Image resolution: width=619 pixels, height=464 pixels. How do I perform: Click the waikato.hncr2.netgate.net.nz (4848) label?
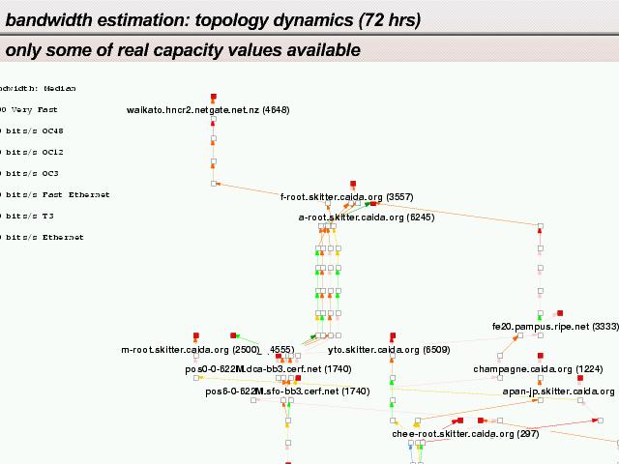(x=208, y=110)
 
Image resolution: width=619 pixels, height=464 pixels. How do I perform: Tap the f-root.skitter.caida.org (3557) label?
(x=347, y=197)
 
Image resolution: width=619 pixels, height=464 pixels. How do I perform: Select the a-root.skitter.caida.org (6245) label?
(x=367, y=218)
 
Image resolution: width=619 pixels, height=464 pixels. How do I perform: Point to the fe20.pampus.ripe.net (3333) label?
(x=555, y=328)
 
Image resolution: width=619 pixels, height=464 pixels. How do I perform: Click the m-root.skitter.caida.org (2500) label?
(x=191, y=350)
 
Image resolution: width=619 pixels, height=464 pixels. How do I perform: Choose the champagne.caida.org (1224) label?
(x=538, y=369)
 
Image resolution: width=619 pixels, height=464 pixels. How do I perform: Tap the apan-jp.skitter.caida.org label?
(x=559, y=391)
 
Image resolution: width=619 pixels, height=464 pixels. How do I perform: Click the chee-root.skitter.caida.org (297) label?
(x=465, y=434)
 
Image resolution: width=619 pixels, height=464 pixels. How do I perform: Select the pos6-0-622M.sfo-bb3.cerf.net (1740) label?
(x=287, y=391)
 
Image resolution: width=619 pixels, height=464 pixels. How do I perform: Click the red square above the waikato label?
(x=213, y=97)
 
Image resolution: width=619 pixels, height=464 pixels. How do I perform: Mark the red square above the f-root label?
(x=354, y=184)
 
